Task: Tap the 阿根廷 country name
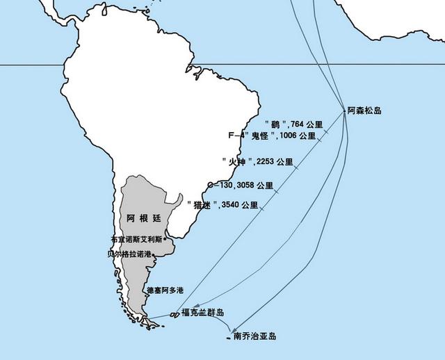[145, 218]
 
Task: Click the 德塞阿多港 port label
[165, 290]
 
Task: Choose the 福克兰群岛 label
[203, 313]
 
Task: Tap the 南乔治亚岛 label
[254, 337]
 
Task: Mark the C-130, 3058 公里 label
[240, 186]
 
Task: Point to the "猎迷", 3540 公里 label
[222, 205]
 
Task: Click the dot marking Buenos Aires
[165, 238]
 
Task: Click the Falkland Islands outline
[175, 315]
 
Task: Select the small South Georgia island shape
[229, 338]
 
